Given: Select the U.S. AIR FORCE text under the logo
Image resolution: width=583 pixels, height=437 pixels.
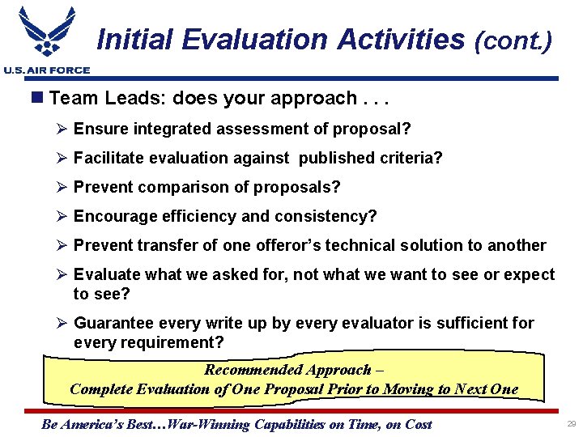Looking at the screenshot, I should coord(46,70).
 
